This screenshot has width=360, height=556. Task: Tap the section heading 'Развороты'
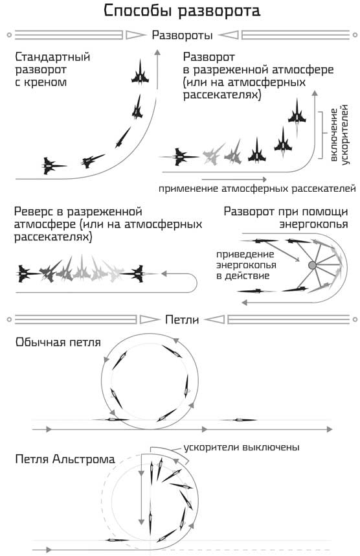pos(181,34)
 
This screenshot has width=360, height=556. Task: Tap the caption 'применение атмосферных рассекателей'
pos(257,189)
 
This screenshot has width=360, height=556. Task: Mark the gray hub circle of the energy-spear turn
pos(312,266)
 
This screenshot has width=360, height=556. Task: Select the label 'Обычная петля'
pos(58,342)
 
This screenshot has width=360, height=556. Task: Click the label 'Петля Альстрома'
pos(65,459)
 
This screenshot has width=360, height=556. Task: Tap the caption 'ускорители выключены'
pos(242,447)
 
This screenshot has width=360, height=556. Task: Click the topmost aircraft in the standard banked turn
pos(139,71)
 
